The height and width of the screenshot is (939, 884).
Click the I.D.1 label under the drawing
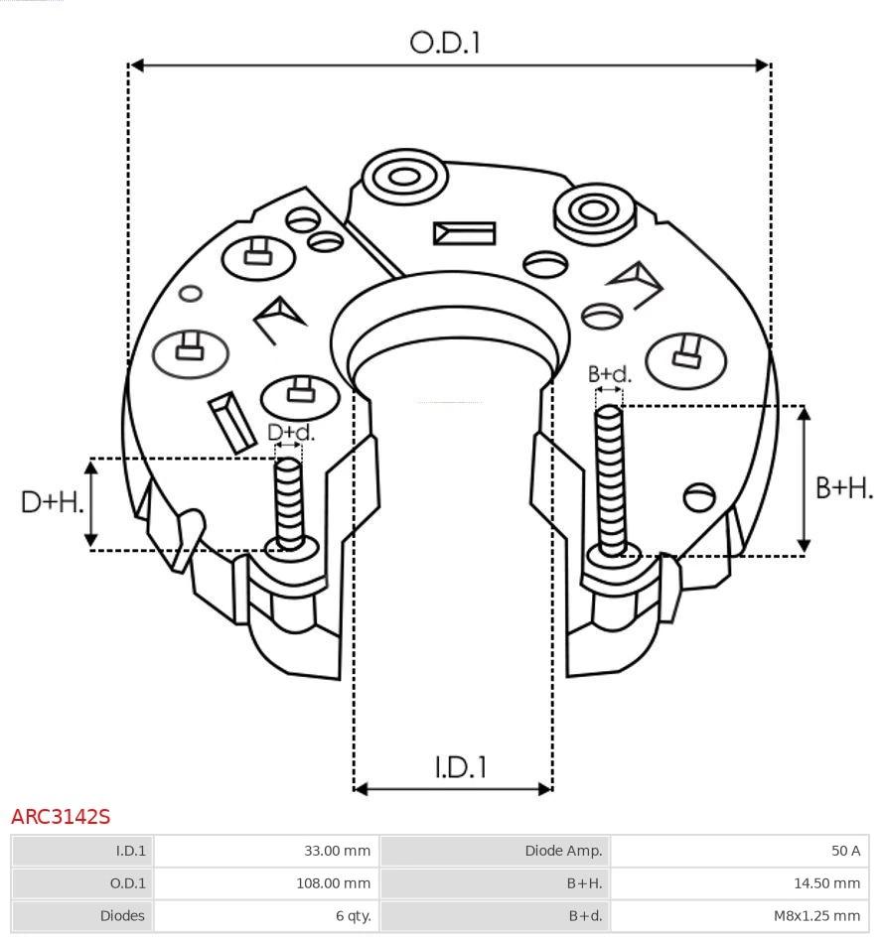[460, 767]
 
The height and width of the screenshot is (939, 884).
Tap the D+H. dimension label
[52, 502]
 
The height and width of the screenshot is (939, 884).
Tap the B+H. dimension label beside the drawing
[844, 487]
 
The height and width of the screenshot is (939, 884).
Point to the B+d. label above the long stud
[609, 374]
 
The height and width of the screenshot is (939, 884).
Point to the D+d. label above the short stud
[291, 433]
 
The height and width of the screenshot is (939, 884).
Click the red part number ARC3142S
[61, 817]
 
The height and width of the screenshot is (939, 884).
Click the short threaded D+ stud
[289, 502]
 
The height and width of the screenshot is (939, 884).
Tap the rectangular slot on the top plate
[464, 234]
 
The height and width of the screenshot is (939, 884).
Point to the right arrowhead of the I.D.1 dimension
[545, 789]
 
